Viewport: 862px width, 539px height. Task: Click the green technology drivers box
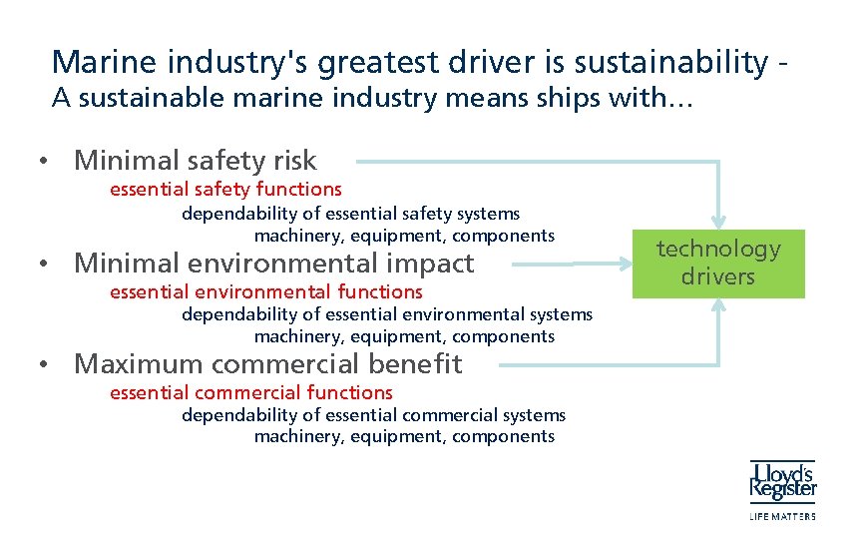(718, 263)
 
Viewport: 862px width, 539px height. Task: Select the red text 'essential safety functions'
(225, 189)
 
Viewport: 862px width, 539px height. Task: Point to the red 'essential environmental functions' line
(266, 291)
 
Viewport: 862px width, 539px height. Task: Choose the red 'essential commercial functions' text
(251, 392)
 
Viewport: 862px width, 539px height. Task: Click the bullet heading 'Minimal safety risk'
(196, 160)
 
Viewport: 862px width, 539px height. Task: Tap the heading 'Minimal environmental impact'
(274, 264)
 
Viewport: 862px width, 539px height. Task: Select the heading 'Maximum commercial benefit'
(268, 363)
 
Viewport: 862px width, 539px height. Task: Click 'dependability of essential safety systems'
(350, 213)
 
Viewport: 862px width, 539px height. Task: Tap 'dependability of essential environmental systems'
(387, 314)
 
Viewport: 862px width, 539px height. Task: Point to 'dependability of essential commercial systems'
(373, 414)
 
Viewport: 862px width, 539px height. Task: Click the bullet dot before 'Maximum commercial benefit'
(45, 365)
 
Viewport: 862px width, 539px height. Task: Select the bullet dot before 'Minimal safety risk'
(45, 162)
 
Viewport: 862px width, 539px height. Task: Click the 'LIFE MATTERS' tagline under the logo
(782, 516)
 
